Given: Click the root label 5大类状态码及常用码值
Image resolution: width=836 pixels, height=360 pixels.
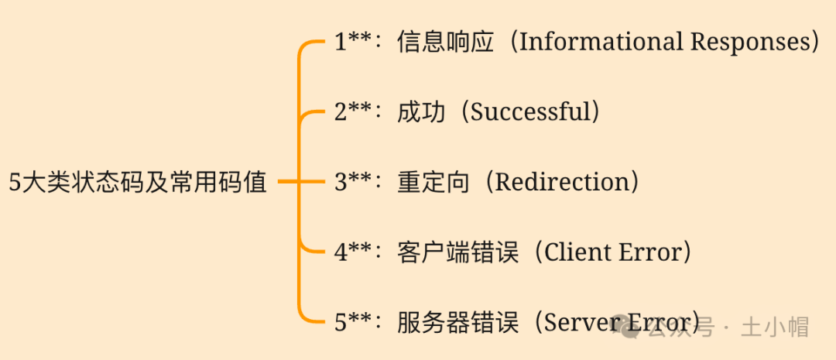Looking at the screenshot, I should tap(138, 183).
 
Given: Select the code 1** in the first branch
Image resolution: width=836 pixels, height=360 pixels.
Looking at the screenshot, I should tap(354, 41).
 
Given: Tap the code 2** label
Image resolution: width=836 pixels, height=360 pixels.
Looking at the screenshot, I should tap(354, 111).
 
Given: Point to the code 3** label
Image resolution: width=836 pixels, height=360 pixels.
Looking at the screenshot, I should tap(354, 182).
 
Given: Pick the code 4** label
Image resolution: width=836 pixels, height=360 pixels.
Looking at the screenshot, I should tap(354, 252).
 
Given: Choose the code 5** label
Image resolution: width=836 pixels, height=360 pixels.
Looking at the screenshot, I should tap(354, 322).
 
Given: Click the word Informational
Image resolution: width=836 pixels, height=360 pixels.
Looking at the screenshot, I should tap(599, 41).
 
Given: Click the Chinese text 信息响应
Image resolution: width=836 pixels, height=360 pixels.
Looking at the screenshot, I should tap(445, 41).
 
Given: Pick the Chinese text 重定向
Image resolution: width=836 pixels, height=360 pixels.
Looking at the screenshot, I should tap(433, 182).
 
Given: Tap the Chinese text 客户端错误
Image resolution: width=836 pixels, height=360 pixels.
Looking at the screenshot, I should tap(457, 252).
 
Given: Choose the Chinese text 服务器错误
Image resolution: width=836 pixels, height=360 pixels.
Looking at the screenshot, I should tap(457, 322).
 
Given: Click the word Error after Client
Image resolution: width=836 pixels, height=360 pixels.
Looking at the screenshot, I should tap(649, 252).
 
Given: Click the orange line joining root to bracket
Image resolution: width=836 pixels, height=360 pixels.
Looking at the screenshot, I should tap(288, 183).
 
